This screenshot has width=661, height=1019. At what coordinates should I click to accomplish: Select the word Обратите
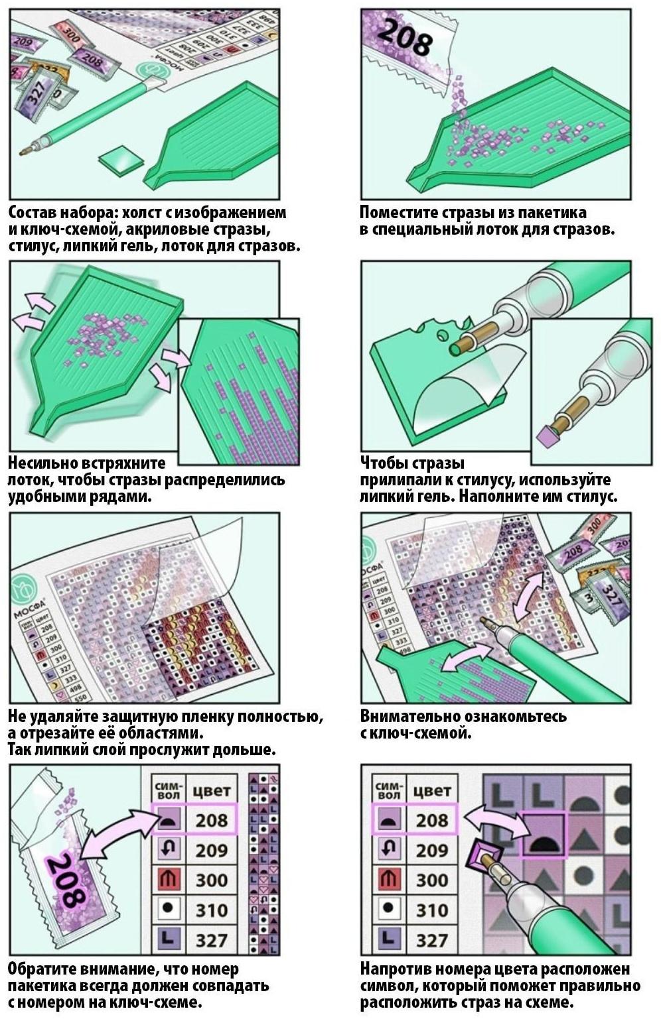click(41, 969)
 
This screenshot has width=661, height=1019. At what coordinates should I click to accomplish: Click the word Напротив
click(396, 969)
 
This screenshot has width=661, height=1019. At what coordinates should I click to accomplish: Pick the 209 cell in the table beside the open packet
click(212, 850)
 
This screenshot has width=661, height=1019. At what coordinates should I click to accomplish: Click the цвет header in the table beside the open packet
click(212, 792)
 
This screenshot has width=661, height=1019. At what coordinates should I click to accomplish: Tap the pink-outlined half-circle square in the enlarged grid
click(543, 835)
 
